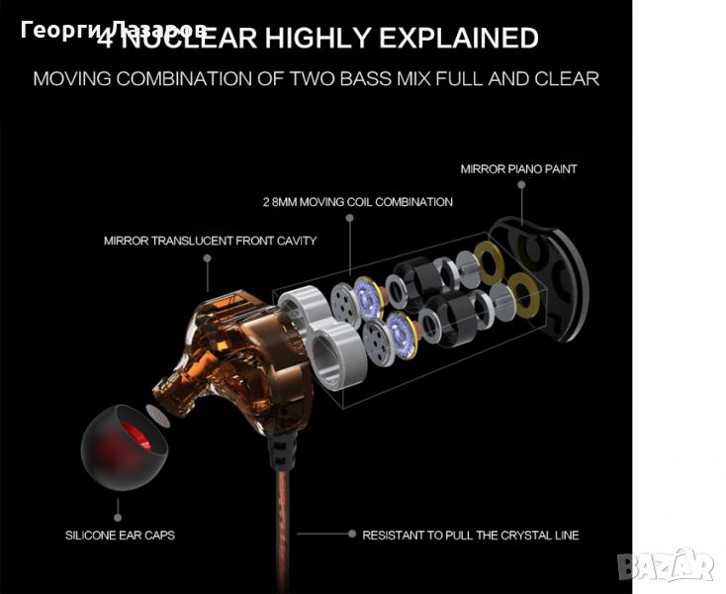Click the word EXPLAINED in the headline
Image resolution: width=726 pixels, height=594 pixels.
[x=459, y=38]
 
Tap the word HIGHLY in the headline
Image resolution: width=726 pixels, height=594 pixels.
[x=318, y=38]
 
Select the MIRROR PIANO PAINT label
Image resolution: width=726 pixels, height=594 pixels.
[x=518, y=169]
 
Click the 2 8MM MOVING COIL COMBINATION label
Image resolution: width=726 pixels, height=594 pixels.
[x=358, y=202]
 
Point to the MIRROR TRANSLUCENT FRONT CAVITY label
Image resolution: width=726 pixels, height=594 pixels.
[x=211, y=241]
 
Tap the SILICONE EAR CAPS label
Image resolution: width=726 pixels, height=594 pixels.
[x=120, y=536]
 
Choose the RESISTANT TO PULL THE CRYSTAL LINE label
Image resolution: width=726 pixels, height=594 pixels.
[x=471, y=536]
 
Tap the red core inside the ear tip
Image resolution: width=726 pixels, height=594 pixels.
[x=136, y=436]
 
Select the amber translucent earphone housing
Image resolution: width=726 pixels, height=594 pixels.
[x=231, y=352]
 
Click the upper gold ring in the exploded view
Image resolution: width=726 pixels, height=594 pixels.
[x=489, y=262]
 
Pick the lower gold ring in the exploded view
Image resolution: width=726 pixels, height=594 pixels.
[x=524, y=295]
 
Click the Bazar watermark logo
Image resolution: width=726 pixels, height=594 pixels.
[x=667, y=565]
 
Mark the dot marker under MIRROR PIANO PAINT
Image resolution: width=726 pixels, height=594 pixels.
[x=521, y=184]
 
